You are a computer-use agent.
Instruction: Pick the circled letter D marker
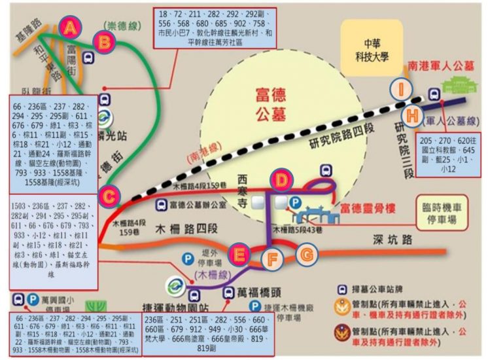point(282,179)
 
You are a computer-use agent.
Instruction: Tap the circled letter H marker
point(411,115)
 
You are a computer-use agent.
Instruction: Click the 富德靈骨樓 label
point(369,209)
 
